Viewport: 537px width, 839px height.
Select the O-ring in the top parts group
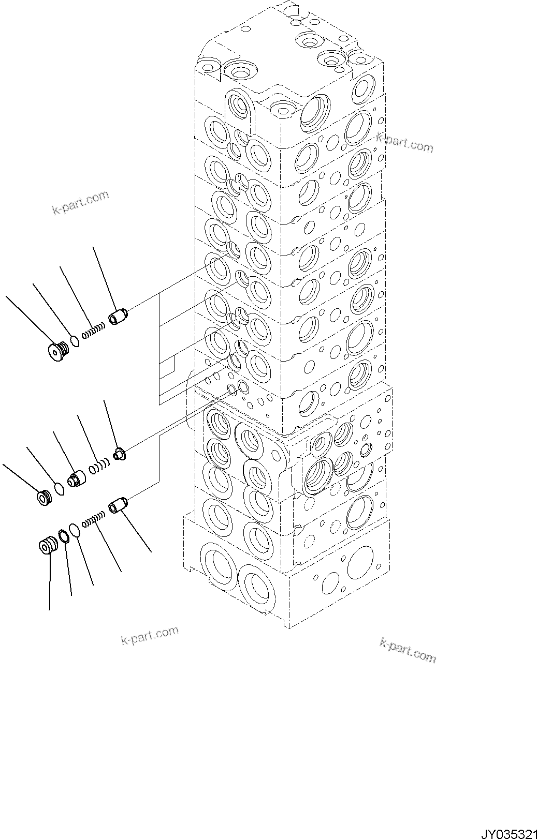coord(75,341)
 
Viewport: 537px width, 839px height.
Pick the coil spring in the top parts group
coord(94,329)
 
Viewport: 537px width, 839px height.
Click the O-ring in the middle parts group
coord(59,489)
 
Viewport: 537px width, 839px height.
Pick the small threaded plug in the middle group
coord(43,498)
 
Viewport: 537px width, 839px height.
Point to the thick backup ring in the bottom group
coord(64,537)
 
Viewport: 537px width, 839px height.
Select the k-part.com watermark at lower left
coord(150,636)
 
